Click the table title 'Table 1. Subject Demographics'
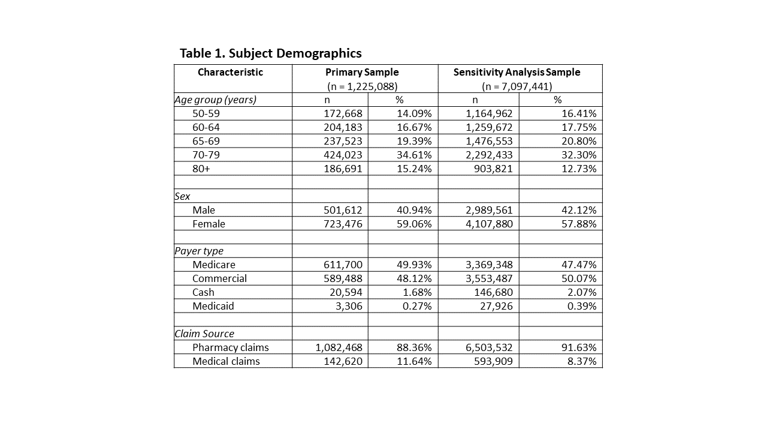(270, 53)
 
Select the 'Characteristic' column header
(230, 73)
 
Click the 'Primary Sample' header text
(362, 73)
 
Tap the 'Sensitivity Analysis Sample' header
(517, 73)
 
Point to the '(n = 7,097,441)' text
(517, 86)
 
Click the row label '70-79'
(206, 155)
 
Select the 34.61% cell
(414, 155)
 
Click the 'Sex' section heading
(182, 196)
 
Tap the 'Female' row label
(209, 224)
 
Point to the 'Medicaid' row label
(213, 306)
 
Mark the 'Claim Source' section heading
(204, 334)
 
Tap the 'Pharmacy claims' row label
(231, 347)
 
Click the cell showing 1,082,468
(339, 347)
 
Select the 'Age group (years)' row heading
(215, 100)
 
